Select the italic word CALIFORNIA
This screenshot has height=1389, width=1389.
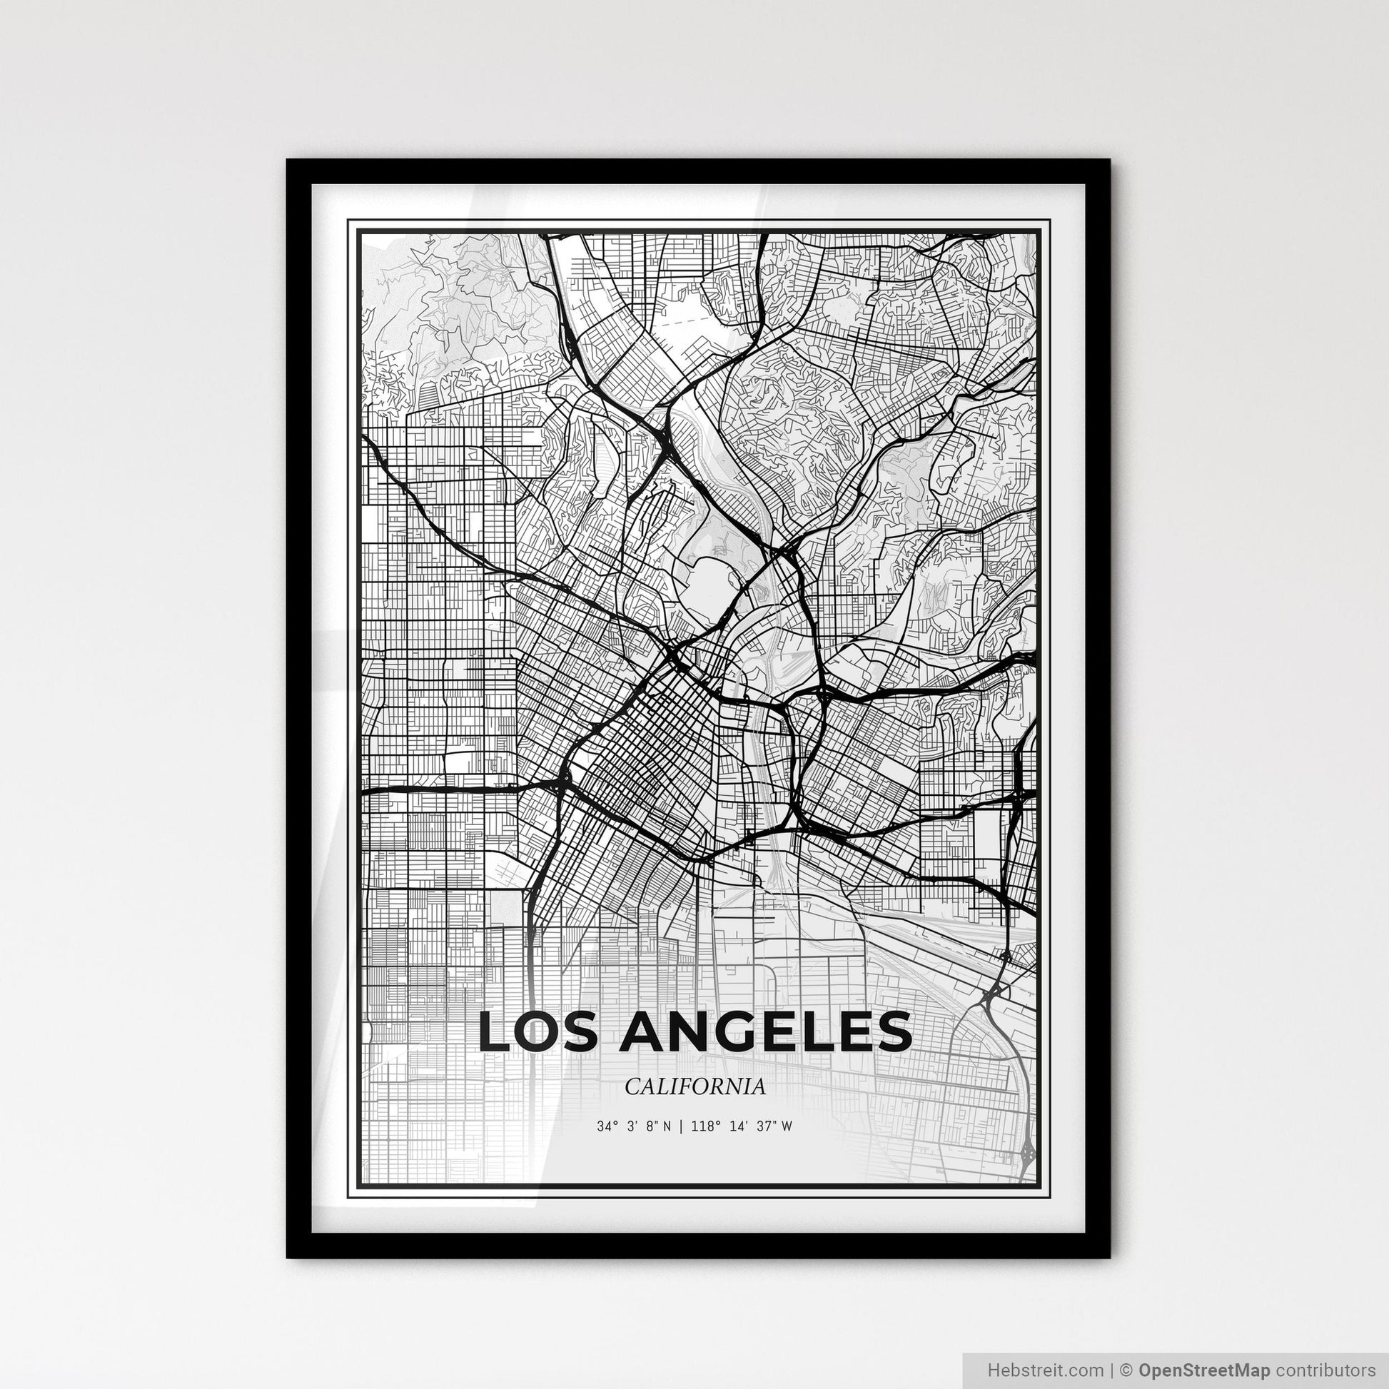click(x=694, y=1087)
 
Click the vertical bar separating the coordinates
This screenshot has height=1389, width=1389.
click(x=681, y=1126)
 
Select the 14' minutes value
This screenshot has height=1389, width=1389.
click(x=737, y=1126)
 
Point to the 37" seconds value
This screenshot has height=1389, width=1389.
click(x=766, y=1126)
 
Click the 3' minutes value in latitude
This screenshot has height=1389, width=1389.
click(x=632, y=1126)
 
